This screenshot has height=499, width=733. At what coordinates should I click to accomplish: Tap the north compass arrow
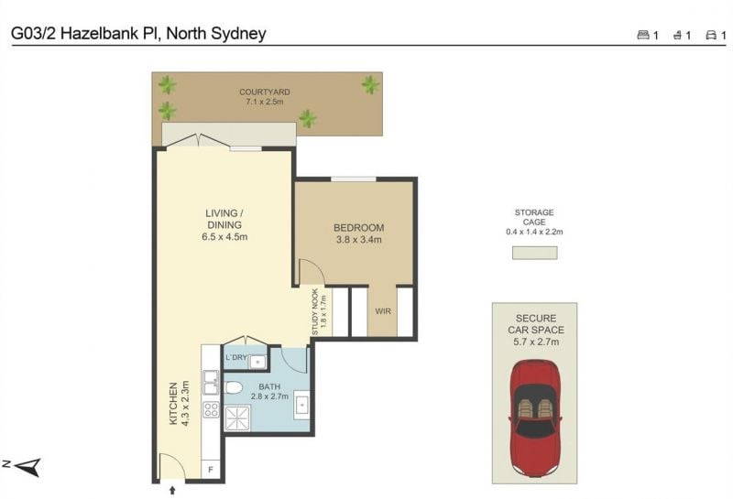point(28,466)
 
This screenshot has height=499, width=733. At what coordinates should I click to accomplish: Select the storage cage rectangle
point(534,253)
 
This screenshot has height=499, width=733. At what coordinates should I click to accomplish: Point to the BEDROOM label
point(358,228)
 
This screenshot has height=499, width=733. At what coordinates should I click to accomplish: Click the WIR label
point(383,311)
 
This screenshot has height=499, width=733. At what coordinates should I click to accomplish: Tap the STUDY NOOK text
point(315,311)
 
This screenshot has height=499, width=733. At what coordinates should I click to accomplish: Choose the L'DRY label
point(236,357)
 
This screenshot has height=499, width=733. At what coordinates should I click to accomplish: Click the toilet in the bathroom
point(233,387)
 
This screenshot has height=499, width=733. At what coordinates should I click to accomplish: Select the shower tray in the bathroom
point(237,418)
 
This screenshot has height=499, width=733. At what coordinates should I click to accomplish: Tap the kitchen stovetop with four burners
point(211,409)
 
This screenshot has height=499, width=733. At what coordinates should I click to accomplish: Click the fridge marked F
point(211,470)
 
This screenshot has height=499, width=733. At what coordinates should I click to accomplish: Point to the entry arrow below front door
point(172,490)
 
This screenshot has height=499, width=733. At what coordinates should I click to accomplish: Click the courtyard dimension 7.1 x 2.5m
point(265,102)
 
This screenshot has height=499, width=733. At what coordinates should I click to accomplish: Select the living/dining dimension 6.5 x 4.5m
point(224,237)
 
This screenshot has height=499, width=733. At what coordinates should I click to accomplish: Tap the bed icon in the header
point(643,35)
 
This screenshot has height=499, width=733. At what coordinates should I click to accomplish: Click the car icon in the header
point(711,35)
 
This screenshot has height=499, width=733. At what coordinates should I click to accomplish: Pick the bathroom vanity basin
point(301,405)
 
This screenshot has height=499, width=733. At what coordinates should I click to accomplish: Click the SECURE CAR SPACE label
point(536,324)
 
